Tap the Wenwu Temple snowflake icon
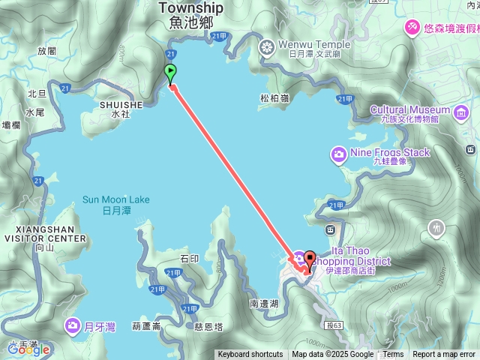click(x=265, y=49)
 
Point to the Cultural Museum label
click(x=409, y=109)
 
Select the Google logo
click(x=28, y=349)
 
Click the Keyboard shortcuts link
click(x=250, y=355)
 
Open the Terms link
click(x=393, y=355)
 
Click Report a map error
click(x=443, y=355)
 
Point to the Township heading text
click(x=191, y=7)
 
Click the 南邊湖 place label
click(x=264, y=304)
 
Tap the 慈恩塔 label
click(x=208, y=326)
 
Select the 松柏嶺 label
click(x=274, y=97)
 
